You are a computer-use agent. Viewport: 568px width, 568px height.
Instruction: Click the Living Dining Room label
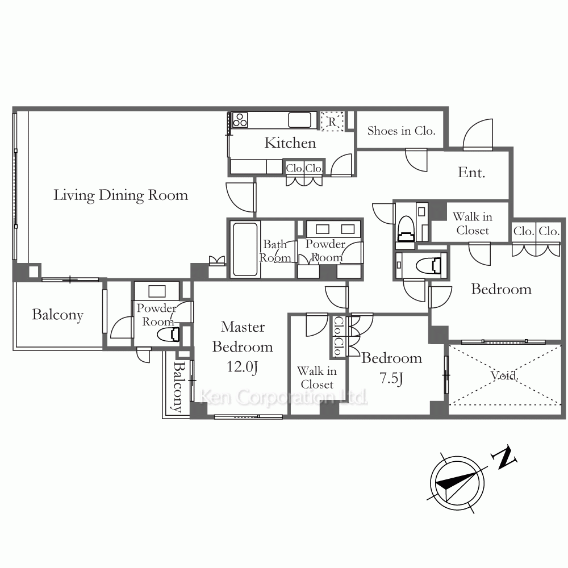point(120,195)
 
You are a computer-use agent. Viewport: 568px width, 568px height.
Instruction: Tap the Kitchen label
point(290,143)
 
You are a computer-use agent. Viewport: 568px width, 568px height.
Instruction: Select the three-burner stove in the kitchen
point(240,120)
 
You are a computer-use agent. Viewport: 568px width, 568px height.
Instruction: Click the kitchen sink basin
point(299,120)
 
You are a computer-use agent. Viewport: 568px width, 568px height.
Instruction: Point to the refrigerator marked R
point(332,122)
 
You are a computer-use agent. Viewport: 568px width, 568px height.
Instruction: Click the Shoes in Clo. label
point(401,131)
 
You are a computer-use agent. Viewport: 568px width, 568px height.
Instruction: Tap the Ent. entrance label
point(471,173)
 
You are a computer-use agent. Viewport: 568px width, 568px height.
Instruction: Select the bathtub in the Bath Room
point(245,249)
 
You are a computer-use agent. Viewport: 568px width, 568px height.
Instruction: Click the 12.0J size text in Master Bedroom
point(243,366)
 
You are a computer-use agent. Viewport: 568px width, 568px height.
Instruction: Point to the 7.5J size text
point(391,378)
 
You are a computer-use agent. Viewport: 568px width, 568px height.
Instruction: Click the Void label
point(504,375)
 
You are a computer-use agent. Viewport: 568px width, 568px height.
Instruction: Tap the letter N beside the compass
point(504,458)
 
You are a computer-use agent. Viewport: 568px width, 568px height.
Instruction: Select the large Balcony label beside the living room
point(57,315)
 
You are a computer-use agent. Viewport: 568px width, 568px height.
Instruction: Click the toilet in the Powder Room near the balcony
point(169,335)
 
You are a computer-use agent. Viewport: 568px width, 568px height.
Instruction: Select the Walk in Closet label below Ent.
point(473,223)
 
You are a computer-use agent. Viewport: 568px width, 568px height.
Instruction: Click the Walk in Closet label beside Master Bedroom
point(316,378)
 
